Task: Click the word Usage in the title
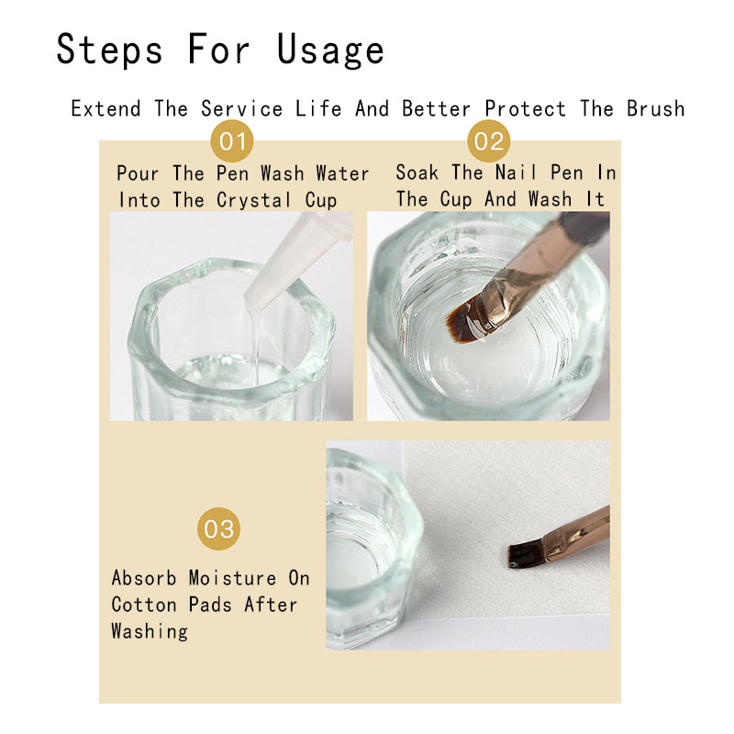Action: [x=330, y=50]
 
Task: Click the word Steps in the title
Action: [x=109, y=50]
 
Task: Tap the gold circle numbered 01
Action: [x=232, y=141]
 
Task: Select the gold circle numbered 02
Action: [x=489, y=141]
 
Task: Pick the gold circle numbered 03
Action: [x=218, y=529]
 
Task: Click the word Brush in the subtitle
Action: [x=655, y=108]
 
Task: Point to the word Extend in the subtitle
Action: [x=106, y=108]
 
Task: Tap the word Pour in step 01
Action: [x=138, y=173]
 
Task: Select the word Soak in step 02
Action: [x=417, y=172]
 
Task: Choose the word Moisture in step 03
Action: [x=233, y=578]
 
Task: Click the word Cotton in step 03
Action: [x=144, y=605]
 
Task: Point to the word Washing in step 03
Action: [x=150, y=631]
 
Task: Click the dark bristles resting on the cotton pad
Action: [x=526, y=555]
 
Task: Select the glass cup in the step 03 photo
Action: [x=373, y=549]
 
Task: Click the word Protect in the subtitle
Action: [x=525, y=108]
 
